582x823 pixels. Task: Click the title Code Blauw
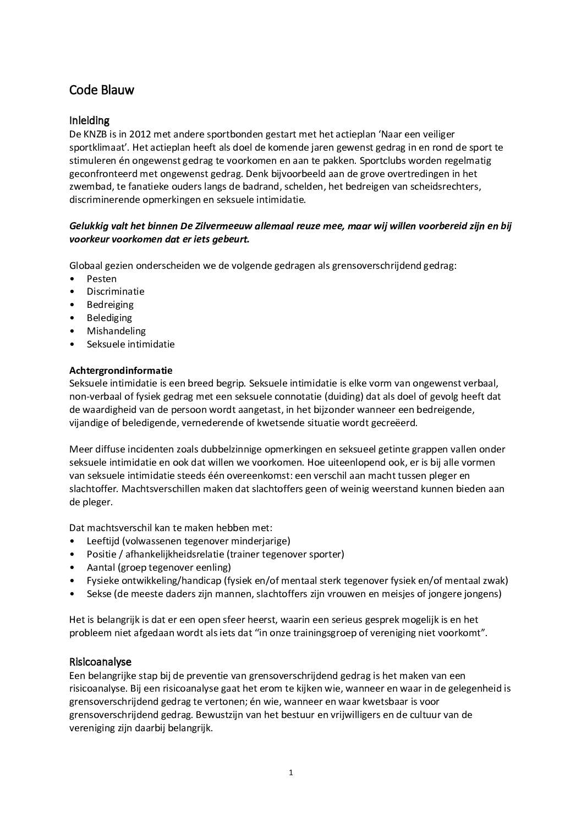click(101, 90)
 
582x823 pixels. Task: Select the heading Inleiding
click(89, 120)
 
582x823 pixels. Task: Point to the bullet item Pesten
click(102, 279)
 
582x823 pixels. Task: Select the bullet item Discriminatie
click(116, 291)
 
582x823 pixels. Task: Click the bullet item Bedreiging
click(110, 305)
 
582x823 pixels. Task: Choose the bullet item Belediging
click(109, 318)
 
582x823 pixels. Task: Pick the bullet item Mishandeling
click(116, 331)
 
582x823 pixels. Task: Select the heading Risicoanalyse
click(100, 662)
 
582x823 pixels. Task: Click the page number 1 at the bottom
click(290, 772)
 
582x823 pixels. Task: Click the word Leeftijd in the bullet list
click(103, 541)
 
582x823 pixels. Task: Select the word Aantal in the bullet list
click(100, 567)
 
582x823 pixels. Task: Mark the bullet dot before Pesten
click(72, 279)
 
